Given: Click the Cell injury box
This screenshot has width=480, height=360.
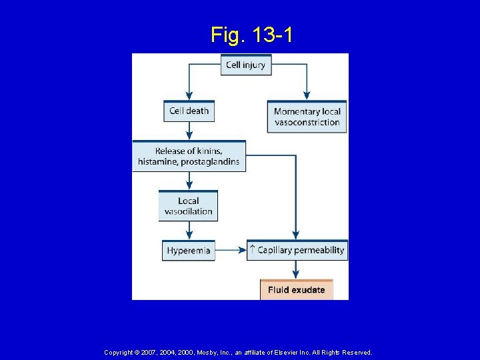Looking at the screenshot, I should tap(246, 65).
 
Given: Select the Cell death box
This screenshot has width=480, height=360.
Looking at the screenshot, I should tap(189, 111).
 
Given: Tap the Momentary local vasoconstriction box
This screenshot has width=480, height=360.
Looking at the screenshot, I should tap(307, 117).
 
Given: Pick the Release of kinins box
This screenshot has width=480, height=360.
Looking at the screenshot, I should tap(189, 156).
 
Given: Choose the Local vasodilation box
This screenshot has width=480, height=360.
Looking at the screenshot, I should tap(188, 206).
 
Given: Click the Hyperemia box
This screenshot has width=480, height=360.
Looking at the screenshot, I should tap(189, 251).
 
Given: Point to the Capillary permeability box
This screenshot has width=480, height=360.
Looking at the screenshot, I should tap(297, 250).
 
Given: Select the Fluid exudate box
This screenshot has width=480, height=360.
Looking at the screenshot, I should tap(296, 290).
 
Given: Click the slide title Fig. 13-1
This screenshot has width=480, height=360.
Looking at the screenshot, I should tap(251, 34).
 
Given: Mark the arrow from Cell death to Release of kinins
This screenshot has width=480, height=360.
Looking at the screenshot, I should tap(189, 131).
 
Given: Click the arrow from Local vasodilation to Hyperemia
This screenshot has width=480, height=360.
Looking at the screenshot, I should tap(189, 231).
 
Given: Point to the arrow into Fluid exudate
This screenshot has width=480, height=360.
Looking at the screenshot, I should tap(296, 270).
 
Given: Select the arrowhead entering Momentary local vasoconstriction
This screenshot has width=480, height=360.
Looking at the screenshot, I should tap(307, 95).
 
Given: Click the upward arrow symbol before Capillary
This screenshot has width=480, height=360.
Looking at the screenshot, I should tap(252, 250).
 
